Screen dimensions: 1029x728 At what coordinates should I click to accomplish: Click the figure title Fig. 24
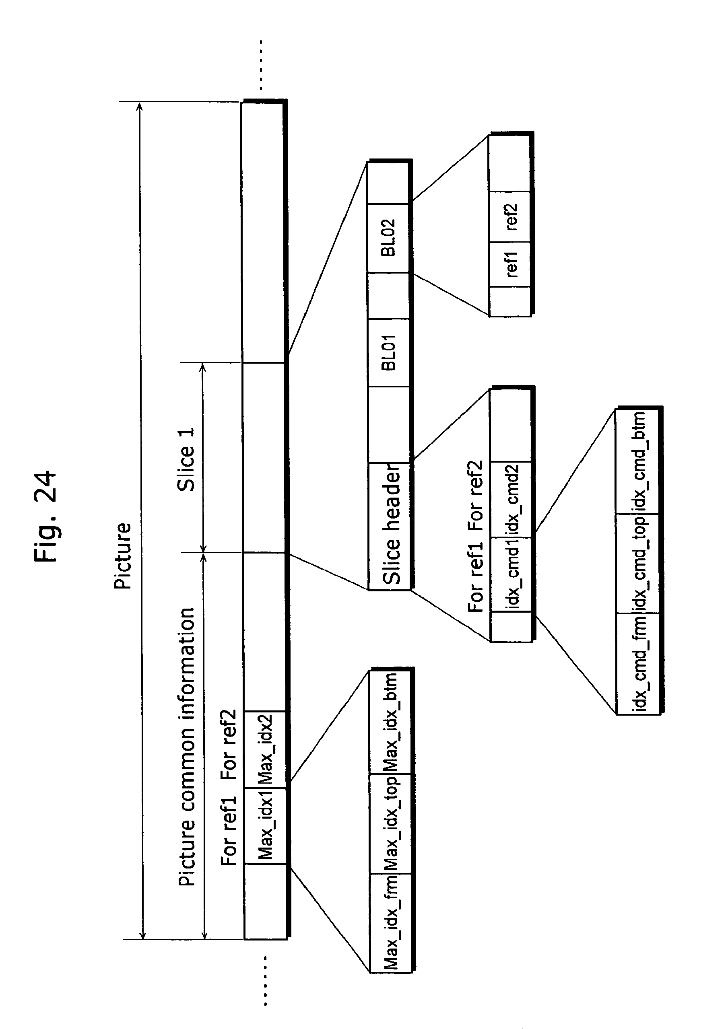pos(45,516)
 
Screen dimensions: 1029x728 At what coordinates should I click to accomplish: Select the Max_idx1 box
pos(265,825)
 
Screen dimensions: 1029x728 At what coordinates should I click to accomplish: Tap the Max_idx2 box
pos(265,749)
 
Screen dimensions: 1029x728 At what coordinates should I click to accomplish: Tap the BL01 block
pos(389,352)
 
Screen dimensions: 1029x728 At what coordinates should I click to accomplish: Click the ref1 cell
pos(510,264)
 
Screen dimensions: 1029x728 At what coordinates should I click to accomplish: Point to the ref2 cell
pos(510,217)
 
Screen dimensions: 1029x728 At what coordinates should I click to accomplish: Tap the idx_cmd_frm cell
pos(638,663)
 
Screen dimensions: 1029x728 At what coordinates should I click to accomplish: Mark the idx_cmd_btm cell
pos(638,462)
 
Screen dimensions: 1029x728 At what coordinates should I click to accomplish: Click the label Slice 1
pos(186,459)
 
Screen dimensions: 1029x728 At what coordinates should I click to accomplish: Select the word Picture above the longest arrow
pos(122,556)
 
